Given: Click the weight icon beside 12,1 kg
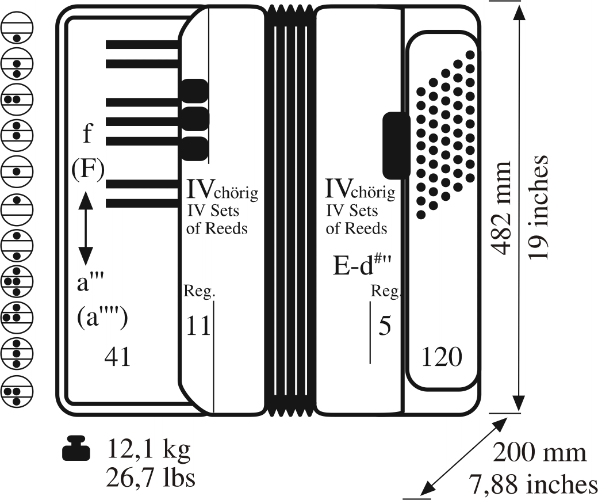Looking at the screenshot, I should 76,448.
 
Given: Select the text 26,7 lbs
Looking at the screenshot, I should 151,478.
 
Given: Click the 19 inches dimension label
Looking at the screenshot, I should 539,207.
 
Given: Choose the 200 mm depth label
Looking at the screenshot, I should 540,453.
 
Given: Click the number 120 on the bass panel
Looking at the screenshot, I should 442,357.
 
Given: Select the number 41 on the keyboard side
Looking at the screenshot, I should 117,357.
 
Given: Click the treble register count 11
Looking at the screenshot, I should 197,326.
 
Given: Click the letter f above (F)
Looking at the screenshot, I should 87,134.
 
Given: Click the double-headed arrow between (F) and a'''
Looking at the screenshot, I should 85,227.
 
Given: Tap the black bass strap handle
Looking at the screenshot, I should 396,144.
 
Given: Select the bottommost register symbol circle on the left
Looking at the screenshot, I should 17,392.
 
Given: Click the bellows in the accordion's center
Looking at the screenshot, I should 290,210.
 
